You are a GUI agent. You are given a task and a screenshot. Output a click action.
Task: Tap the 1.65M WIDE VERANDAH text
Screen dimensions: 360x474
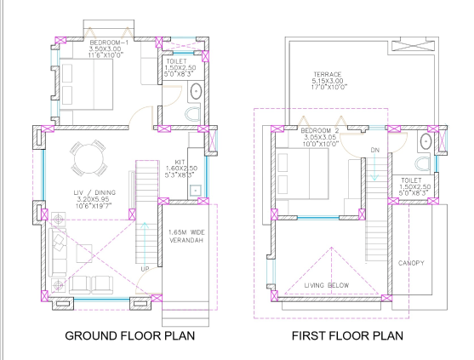(188, 237)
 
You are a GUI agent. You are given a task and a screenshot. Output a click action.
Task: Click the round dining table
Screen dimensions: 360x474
(86, 157)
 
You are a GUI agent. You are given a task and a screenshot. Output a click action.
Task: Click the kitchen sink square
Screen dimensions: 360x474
(195, 190)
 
